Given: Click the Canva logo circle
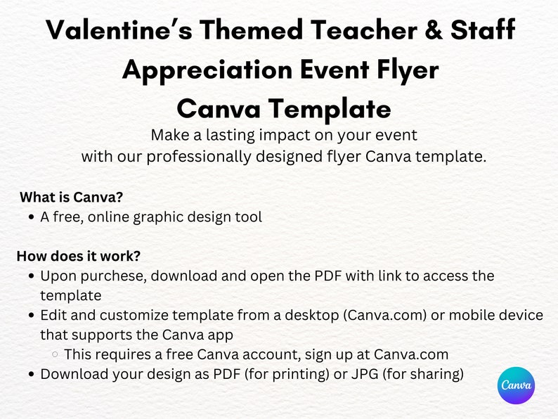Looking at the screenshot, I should pos(517,385).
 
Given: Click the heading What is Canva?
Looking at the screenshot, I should pos(72,197).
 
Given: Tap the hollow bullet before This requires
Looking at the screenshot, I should pos(56,354).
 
